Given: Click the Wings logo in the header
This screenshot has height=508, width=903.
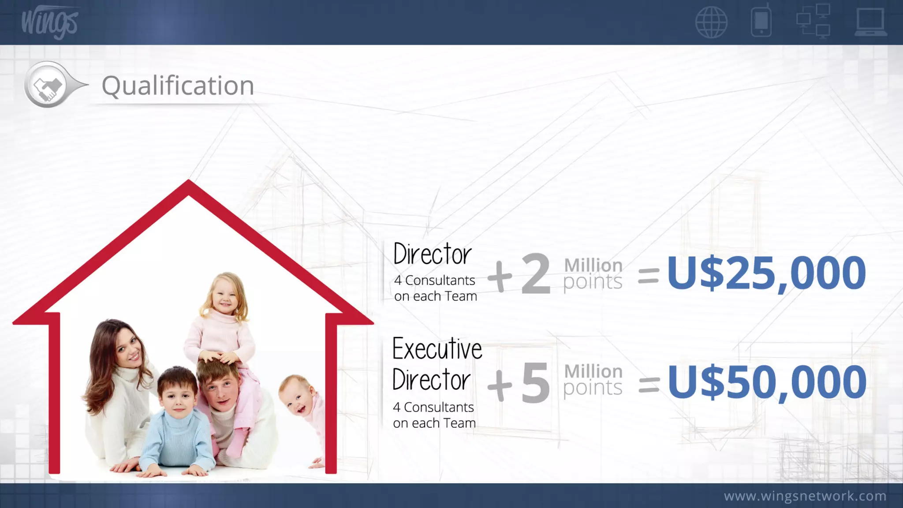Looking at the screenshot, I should pyautogui.click(x=49, y=22).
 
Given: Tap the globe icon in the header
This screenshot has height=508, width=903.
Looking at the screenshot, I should pyautogui.click(x=711, y=22).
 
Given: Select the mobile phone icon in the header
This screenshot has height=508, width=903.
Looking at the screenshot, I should pyautogui.click(x=761, y=21).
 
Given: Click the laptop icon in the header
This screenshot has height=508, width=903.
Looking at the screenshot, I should pyautogui.click(x=870, y=22).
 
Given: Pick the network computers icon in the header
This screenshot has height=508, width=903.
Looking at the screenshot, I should pyautogui.click(x=813, y=21).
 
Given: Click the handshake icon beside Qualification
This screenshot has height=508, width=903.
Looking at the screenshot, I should pyautogui.click(x=48, y=85).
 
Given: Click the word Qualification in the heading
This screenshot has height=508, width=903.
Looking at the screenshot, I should pyautogui.click(x=178, y=86).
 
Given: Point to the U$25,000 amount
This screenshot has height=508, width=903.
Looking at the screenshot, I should pyautogui.click(x=766, y=273).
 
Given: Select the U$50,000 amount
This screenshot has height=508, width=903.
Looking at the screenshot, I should pyautogui.click(x=767, y=382).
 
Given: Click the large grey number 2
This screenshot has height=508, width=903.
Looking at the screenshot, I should pyautogui.click(x=535, y=274).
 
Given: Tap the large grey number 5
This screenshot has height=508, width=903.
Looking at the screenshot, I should pyautogui.click(x=535, y=383).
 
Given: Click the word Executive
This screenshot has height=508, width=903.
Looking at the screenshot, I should pyautogui.click(x=437, y=349).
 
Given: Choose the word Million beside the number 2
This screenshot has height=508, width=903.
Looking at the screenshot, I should pyautogui.click(x=593, y=265).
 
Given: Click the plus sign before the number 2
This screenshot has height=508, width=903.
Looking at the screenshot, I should pyautogui.click(x=500, y=277).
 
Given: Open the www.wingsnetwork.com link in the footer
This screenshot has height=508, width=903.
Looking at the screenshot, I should pyautogui.click(x=805, y=496).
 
